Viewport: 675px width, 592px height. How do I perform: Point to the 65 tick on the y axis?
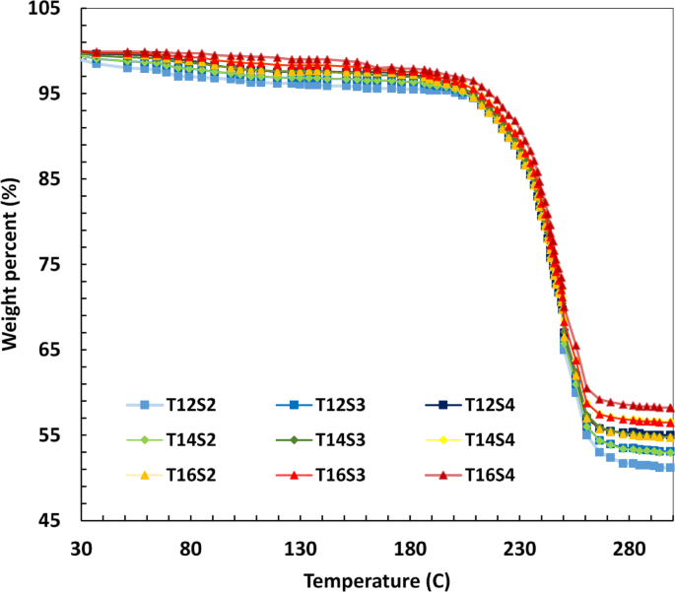(48, 351)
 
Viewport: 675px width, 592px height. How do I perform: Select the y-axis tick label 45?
(48, 521)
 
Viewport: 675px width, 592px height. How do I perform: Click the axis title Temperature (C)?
(377, 578)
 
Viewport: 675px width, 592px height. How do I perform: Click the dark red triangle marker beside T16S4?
(442, 475)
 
